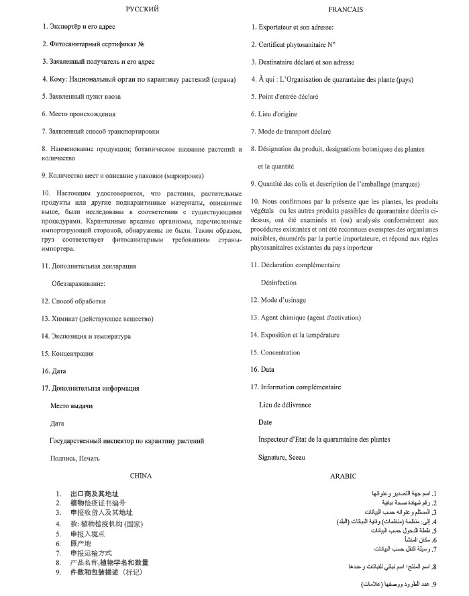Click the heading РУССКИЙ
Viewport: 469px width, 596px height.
(142, 9)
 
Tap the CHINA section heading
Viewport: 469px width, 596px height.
(140, 475)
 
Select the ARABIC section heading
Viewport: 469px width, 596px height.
(342, 475)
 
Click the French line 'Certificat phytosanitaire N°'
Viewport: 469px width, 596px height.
(293, 44)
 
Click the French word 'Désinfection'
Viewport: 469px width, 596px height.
(278, 283)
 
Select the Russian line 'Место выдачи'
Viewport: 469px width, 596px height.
(71, 406)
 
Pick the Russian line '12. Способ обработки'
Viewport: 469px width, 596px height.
(73, 301)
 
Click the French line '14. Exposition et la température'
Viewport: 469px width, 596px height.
(295, 335)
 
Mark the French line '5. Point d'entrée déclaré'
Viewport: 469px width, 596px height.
(284, 97)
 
